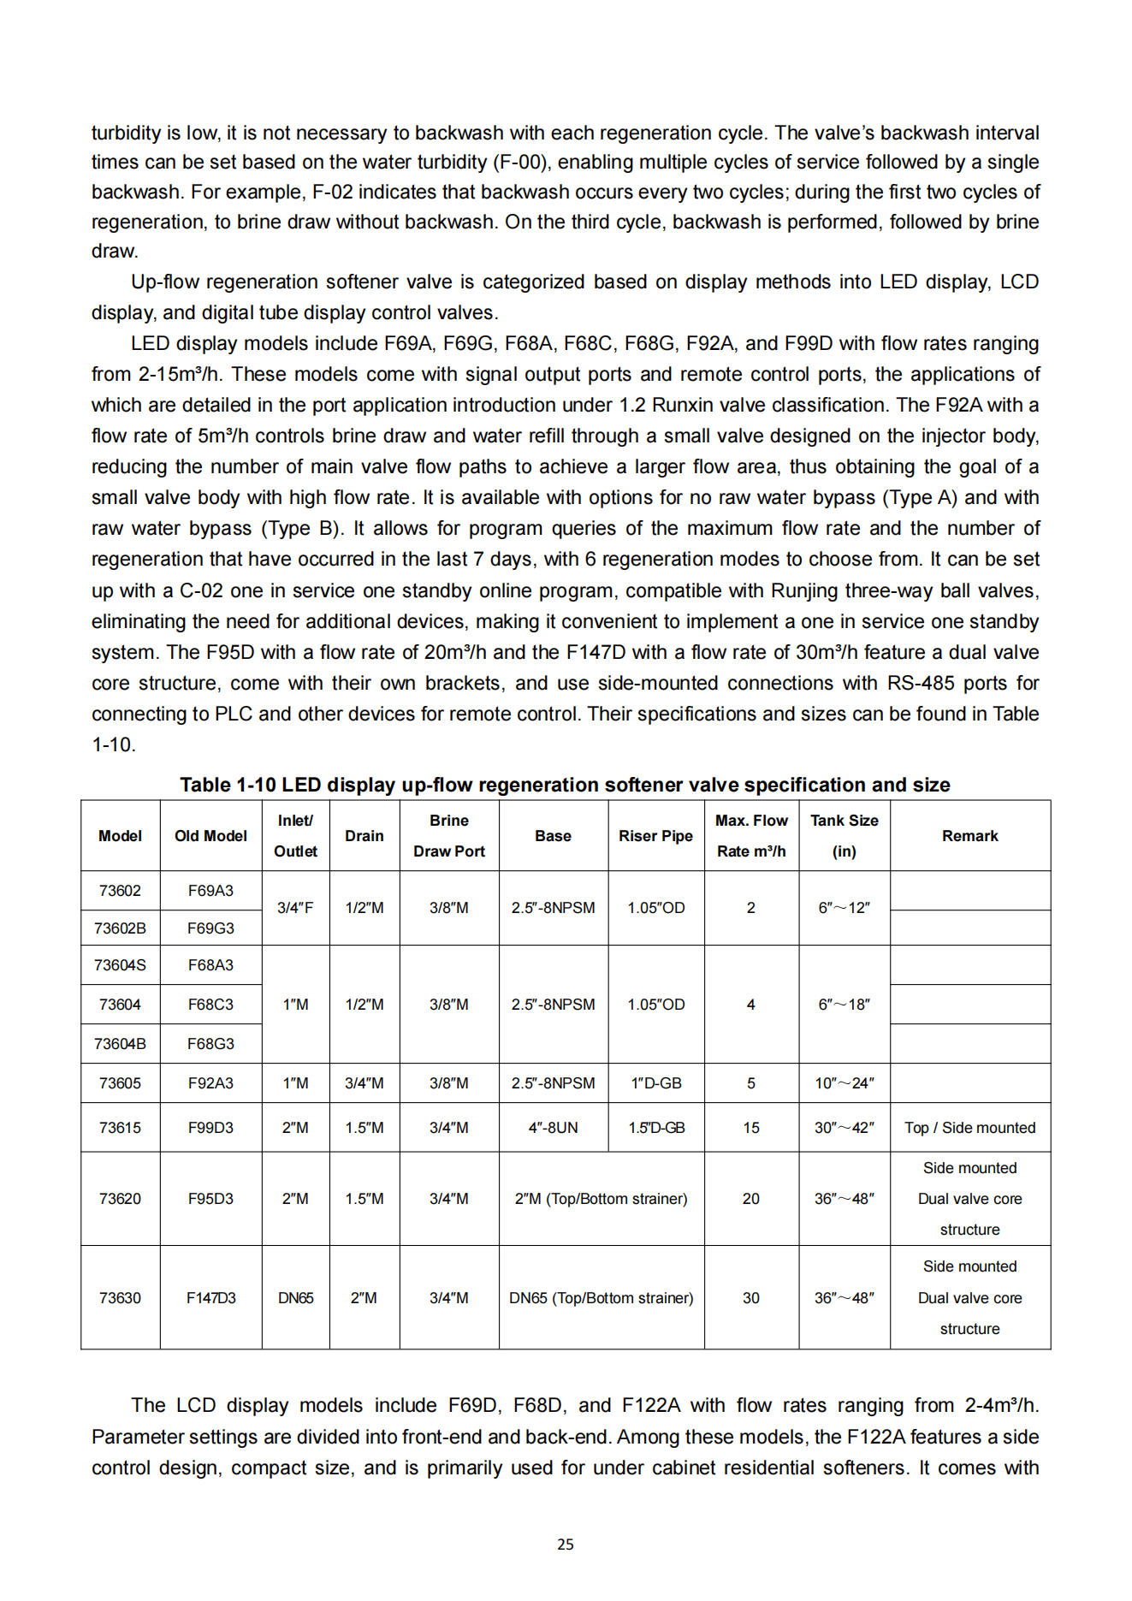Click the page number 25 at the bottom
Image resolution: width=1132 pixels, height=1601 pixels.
[x=565, y=1544]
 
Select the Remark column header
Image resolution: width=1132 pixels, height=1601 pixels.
[x=969, y=836]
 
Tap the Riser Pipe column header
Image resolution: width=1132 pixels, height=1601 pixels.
[x=655, y=836]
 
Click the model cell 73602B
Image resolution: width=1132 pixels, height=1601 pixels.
[x=120, y=928]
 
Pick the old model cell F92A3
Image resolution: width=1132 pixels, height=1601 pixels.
[x=210, y=1083]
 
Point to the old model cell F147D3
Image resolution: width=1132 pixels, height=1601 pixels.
[x=210, y=1298]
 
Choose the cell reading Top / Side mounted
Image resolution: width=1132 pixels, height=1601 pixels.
[x=969, y=1128]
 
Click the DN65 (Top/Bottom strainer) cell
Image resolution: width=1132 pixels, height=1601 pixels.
[x=601, y=1298]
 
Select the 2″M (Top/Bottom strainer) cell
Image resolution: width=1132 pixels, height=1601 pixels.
[x=601, y=1199]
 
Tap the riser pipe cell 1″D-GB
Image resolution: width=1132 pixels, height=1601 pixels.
[x=656, y=1083]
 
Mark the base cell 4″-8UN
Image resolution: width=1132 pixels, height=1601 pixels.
[x=553, y=1128]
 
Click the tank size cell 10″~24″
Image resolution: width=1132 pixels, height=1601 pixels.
[x=844, y=1083]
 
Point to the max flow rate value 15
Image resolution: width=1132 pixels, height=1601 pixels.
[x=750, y=1128]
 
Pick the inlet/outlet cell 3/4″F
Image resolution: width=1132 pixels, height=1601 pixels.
[x=295, y=908]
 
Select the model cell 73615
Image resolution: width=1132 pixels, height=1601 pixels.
[x=120, y=1128]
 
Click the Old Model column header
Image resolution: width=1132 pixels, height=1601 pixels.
[x=210, y=836]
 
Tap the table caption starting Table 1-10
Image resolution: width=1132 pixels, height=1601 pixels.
[x=565, y=785]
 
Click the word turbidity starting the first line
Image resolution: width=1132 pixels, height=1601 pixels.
[x=126, y=133]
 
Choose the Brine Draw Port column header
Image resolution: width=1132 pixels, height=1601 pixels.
[x=448, y=836]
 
